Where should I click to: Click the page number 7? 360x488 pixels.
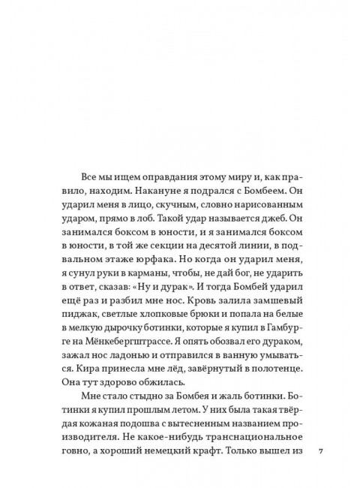320,453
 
